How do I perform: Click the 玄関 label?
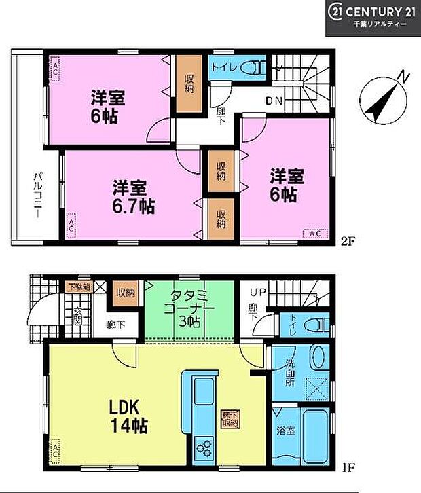pos(77,316)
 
